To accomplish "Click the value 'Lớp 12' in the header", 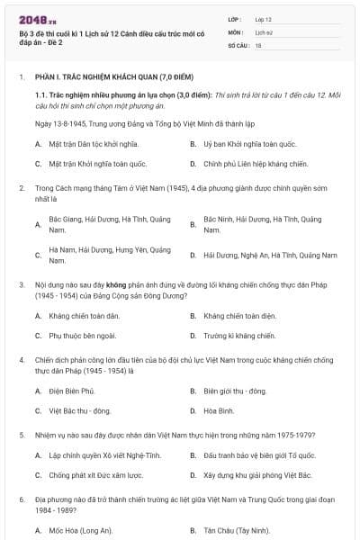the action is pos(267,19).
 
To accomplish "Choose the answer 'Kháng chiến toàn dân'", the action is pos(85,316).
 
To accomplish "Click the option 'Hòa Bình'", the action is pos(219,410).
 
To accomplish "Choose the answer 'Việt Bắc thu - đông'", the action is pos(82,410).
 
